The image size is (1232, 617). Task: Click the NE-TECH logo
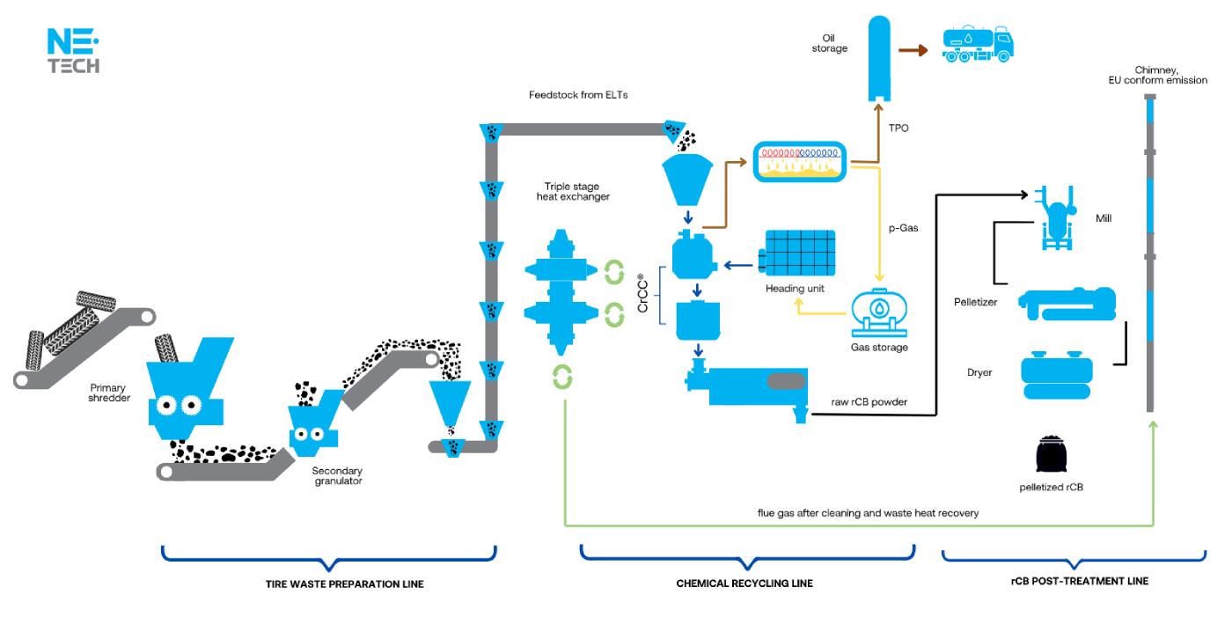pos(73,51)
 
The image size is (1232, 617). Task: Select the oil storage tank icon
pos(881,57)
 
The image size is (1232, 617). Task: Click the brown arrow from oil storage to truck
pos(915,50)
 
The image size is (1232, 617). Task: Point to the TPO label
pos(898,129)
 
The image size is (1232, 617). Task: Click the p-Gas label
pos(904,228)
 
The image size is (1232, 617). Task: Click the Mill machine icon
pos(1053,217)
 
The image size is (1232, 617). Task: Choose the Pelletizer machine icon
pos(1067,303)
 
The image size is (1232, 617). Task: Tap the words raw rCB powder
pos(869,402)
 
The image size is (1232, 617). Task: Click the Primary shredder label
pos(107,393)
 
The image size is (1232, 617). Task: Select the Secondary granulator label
pos(336,476)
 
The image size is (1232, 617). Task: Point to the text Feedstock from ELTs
pos(578,95)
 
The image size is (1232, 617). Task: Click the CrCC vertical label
pos(643,293)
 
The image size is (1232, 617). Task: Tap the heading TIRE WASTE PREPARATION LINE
pos(344,584)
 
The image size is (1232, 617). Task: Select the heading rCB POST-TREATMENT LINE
pos(1079,581)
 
